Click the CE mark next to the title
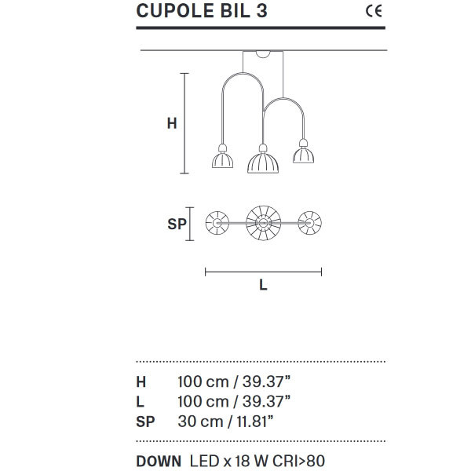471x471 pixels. pyautogui.click(x=374, y=11)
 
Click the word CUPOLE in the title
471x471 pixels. pyautogui.click(x=176, y=11)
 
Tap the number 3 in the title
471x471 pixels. pyautogui.click(x=261, y=11)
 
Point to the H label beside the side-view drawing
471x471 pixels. pyautogui.click(x=172, y=123)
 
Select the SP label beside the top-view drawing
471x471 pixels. pyautogui.click(x=177, y=224)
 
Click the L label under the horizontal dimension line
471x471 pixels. pyautogui.click(x=263, y=285)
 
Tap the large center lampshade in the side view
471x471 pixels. pyautogui.click(x=263, y=162)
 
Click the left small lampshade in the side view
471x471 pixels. pyautogui.click(x=223, y=160)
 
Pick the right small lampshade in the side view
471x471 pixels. pyautogui.click(x=303, y=155)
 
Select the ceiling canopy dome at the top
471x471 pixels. pyautogui.click(x=263, y=54)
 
